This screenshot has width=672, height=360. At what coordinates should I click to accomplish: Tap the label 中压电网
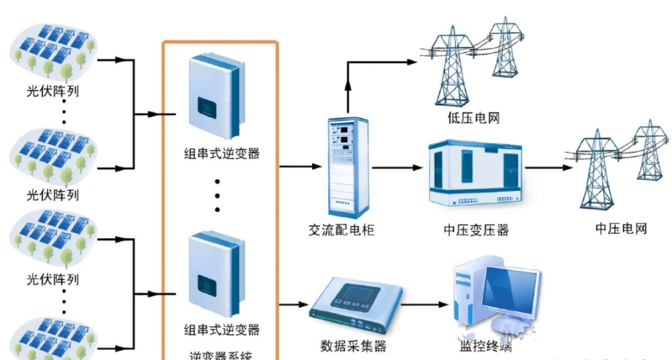pyautogui.click(x=621, y=228)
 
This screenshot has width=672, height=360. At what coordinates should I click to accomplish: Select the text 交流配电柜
pyautogui.click(x=342, y=229)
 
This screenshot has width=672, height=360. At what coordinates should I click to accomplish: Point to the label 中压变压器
pyautogui.click(x=477, y=230)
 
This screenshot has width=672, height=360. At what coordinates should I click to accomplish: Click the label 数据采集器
pyautogui.click(x=353, y=346)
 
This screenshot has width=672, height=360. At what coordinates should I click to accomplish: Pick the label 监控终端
pyautogui.click(x=485, y=347)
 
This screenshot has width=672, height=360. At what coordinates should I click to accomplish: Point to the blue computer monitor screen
pyautogui.click(x=506, y=290)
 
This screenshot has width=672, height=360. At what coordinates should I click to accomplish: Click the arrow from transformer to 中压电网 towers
pyautogui.click(x=548, y=168)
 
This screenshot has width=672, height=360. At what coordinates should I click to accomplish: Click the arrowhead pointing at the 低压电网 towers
pyautogui.click(x=411, y=62)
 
